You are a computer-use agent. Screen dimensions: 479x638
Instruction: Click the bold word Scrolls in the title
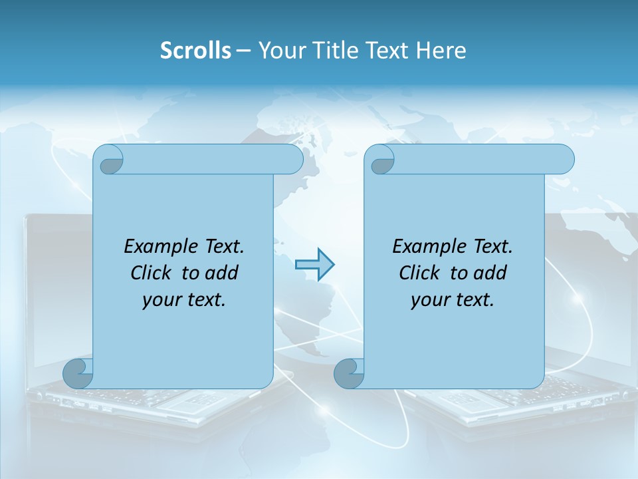click(x=196, y=51)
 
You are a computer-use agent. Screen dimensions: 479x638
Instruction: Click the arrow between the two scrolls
click(x=314, y=265)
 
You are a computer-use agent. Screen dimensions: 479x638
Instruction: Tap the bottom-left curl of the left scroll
click(x=78, y=373)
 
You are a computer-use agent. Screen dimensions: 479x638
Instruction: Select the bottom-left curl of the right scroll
click(x=349, y=373)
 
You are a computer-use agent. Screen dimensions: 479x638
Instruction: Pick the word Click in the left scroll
click(x=150, y=273)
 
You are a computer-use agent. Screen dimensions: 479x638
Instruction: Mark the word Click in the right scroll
click(x=419, y=273)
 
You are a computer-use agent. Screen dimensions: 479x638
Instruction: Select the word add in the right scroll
click(x=491, y=273)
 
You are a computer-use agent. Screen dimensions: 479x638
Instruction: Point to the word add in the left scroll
click(x=223, y=273)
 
